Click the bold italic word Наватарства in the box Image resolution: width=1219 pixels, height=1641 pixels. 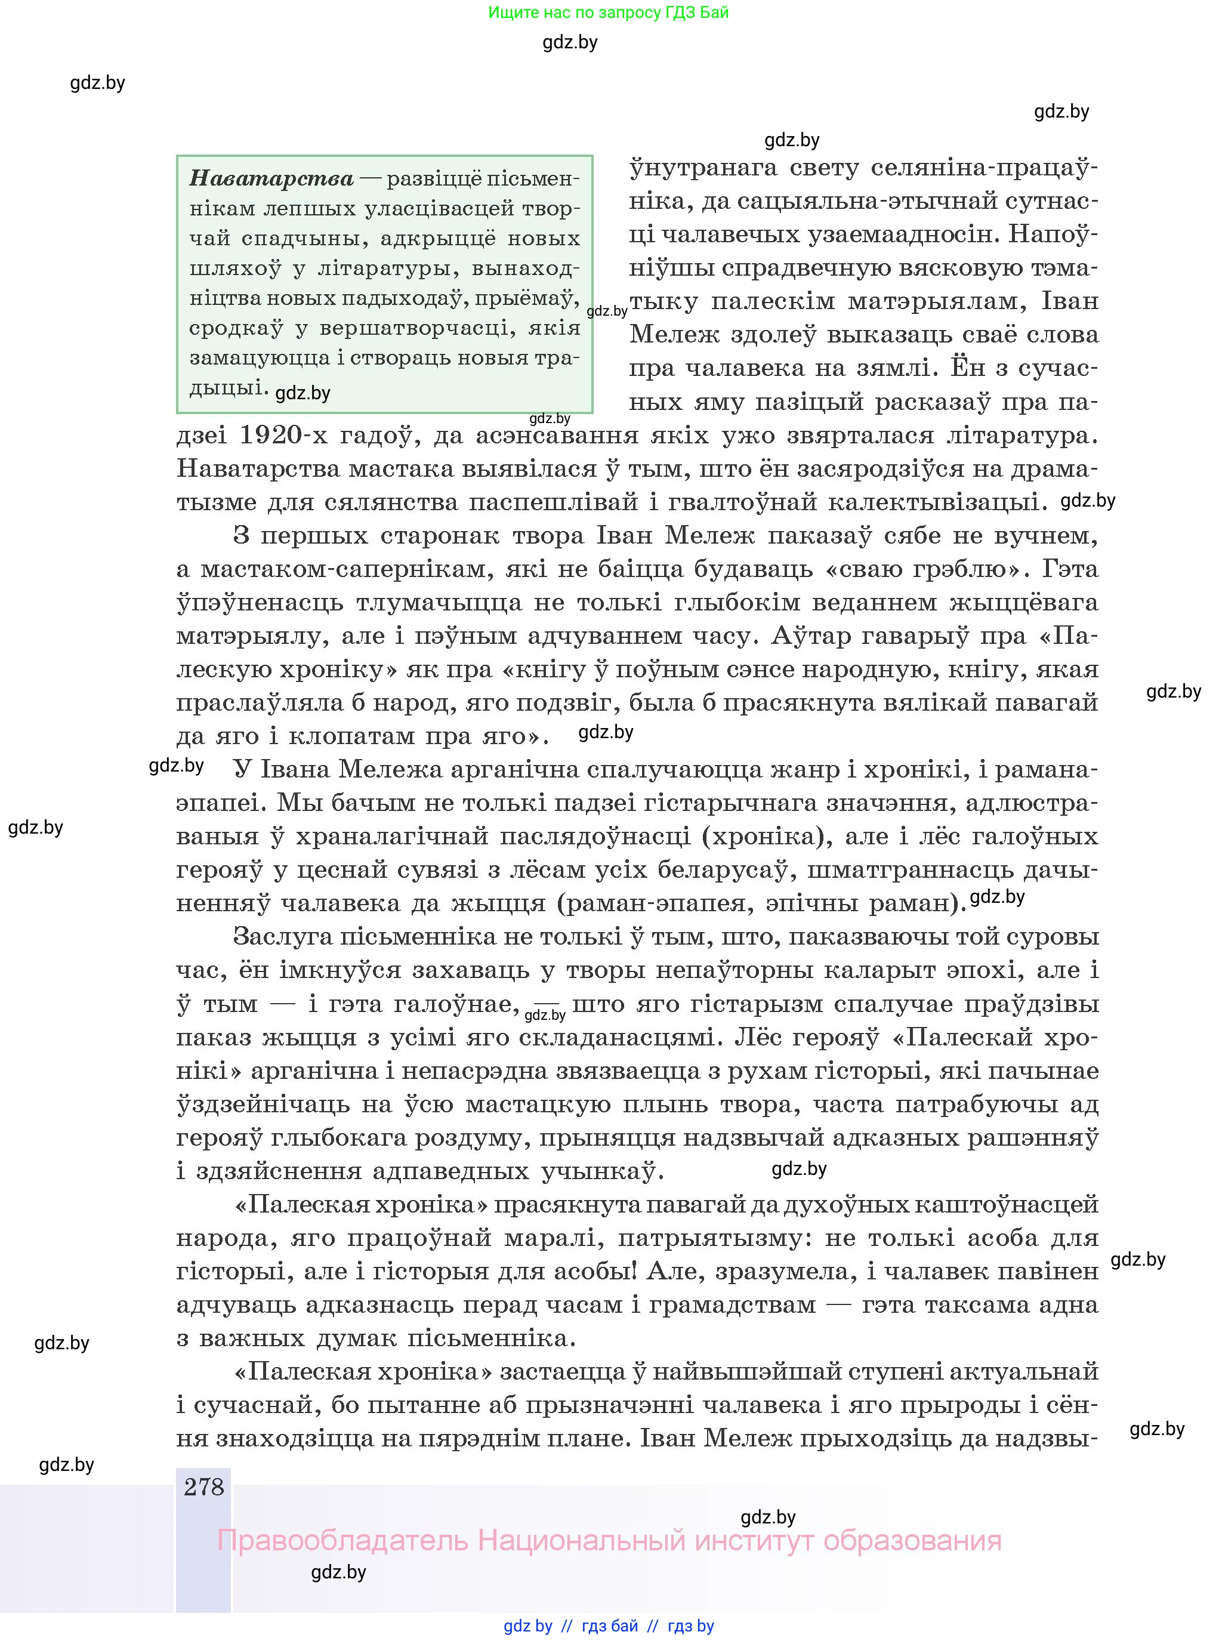(x=271, y=178)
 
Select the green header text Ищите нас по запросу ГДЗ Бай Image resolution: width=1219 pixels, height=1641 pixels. (x=608, y=13)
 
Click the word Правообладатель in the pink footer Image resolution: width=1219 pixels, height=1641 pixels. (x=342, y=1540)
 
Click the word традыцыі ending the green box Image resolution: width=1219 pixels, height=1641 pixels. (x=227, y=387)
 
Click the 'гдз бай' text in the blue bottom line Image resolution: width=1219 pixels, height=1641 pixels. (x=610, y=1625)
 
